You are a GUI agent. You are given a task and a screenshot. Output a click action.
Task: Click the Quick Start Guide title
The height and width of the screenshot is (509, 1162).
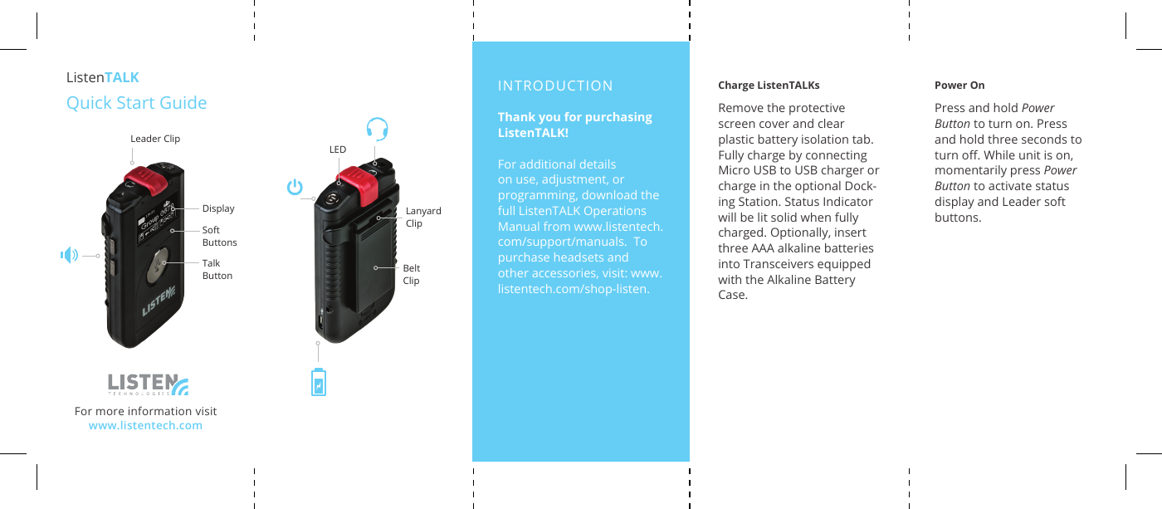coord(137,103)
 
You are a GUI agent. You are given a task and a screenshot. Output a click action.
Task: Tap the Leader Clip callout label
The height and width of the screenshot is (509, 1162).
coord(155,139)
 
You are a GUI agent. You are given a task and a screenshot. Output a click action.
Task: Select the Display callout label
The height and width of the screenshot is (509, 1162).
coord(218,208)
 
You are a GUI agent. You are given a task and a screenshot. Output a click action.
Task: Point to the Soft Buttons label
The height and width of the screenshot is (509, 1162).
coord(219,236)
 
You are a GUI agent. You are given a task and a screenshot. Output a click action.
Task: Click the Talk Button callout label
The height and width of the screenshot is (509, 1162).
coord(217,269)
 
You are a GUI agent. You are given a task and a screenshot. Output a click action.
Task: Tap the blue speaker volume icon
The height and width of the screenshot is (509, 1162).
coord(69,255)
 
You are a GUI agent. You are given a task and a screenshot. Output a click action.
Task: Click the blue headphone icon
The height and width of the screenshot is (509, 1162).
coord(377,129)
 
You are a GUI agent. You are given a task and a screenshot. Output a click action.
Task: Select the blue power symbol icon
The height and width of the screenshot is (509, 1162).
coord(295,187)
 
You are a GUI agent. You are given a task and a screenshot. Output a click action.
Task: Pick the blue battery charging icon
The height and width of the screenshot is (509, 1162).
coord(318,383)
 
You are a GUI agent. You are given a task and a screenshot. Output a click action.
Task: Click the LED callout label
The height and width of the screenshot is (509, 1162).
coord(337,150)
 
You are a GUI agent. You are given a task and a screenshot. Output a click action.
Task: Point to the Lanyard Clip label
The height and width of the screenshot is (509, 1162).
coord(423,217)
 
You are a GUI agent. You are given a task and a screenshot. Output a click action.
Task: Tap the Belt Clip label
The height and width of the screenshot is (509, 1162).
coord(411,274)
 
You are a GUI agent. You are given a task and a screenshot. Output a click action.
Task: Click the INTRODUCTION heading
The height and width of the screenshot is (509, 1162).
coord(555,86)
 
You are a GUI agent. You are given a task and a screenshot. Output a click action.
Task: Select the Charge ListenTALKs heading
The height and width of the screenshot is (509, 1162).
coord(769,86)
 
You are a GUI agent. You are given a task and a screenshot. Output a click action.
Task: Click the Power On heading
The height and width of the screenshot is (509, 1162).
coord(959,86)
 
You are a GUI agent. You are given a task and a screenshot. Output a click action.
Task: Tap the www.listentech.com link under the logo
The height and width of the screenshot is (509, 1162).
coord(145,426)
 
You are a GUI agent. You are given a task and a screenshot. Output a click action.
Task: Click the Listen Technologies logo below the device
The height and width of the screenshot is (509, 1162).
coord(148,384)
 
